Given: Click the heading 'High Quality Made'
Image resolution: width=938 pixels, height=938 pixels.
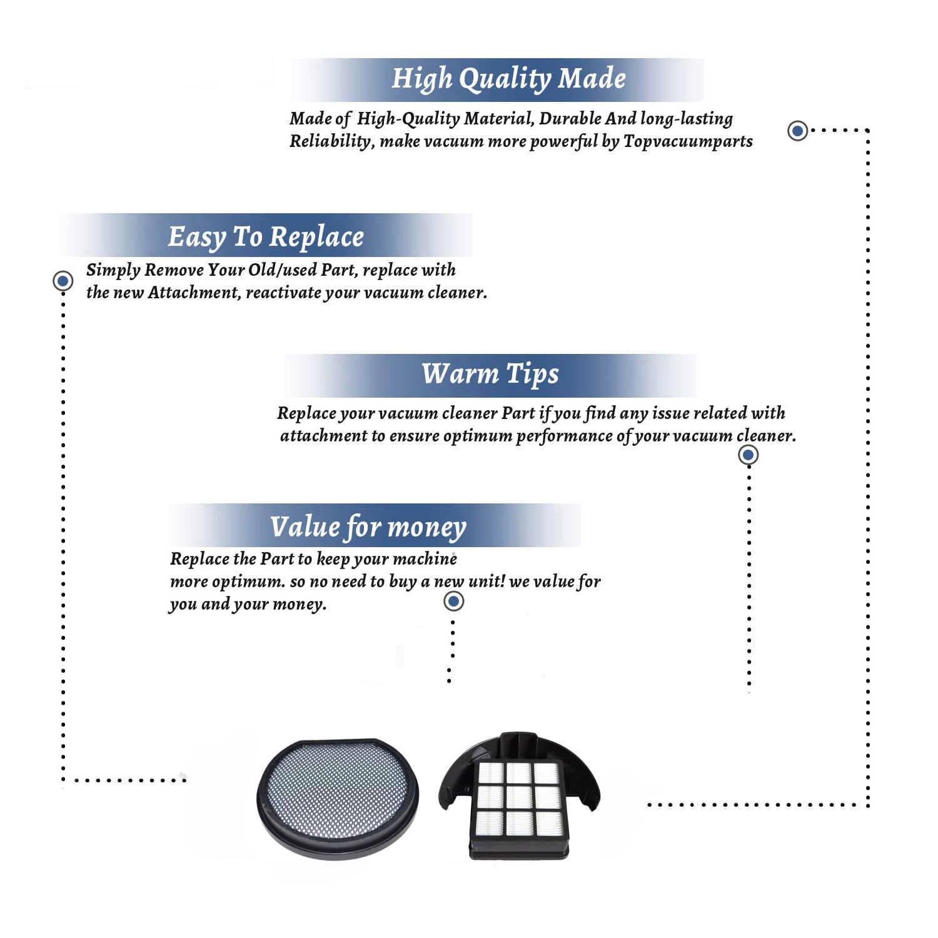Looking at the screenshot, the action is [x=508, y=79].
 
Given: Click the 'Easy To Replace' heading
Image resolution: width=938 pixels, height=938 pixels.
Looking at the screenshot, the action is [x=266, y=237].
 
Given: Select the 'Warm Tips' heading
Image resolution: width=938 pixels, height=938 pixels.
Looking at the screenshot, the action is [x=490, y=374].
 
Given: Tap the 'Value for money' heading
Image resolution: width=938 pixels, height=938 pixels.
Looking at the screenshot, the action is [x=368, y=527].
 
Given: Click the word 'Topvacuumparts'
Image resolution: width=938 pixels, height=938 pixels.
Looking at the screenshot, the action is [x=688, y=142].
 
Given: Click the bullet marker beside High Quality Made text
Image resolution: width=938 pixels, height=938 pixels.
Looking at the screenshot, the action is [x=797, y=131].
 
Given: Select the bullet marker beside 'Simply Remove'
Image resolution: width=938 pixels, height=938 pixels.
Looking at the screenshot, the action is [x=63, y=281].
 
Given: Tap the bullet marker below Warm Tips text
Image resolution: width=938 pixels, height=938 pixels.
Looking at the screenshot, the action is [x=748, y=455].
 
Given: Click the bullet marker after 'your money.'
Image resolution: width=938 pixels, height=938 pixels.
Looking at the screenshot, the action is [x=453, y=601].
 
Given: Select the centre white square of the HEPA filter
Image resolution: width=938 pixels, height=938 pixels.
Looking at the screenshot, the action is [x=519, y=797].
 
